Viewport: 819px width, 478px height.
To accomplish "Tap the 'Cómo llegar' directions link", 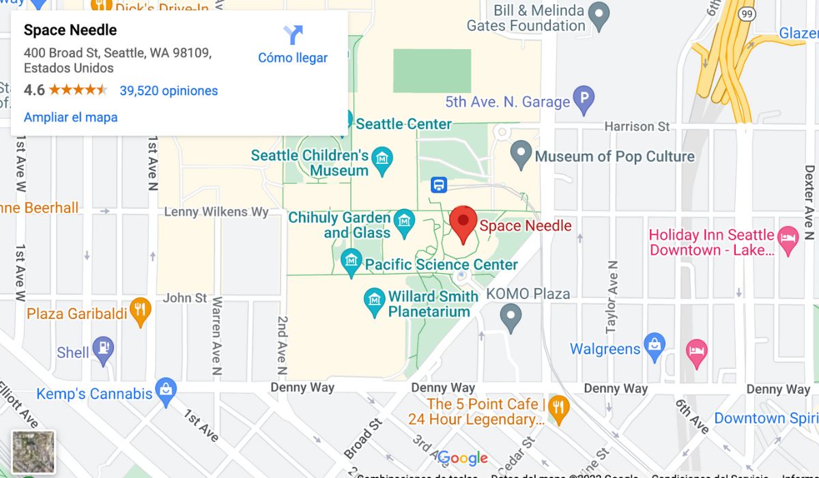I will (x=293, y=45).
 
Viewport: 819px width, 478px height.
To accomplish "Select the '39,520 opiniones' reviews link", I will (x=169, y=91).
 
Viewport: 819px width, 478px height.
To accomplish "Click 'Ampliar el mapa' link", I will (x=70, y=117).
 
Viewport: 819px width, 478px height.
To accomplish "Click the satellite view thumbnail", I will (x=33, y=452).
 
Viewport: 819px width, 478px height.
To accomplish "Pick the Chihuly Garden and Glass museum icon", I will (x=405, y=221).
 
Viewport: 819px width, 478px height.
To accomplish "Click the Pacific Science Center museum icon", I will (x=351, y=260).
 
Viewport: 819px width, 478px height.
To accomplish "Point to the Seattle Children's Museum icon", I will (x=383, y=158).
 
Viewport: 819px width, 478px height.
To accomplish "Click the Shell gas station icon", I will (x=103, y=348).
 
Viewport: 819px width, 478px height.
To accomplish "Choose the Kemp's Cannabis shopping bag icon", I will (x=166, y=391).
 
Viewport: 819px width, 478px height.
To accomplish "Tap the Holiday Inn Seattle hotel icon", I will (x=788, y=239).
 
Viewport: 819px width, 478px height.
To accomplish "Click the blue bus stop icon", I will (x=439, y=185).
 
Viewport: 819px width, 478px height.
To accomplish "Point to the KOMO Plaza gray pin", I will (x=511, y=316).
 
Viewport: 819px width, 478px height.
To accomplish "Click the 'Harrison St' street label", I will (x=637, y=126).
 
